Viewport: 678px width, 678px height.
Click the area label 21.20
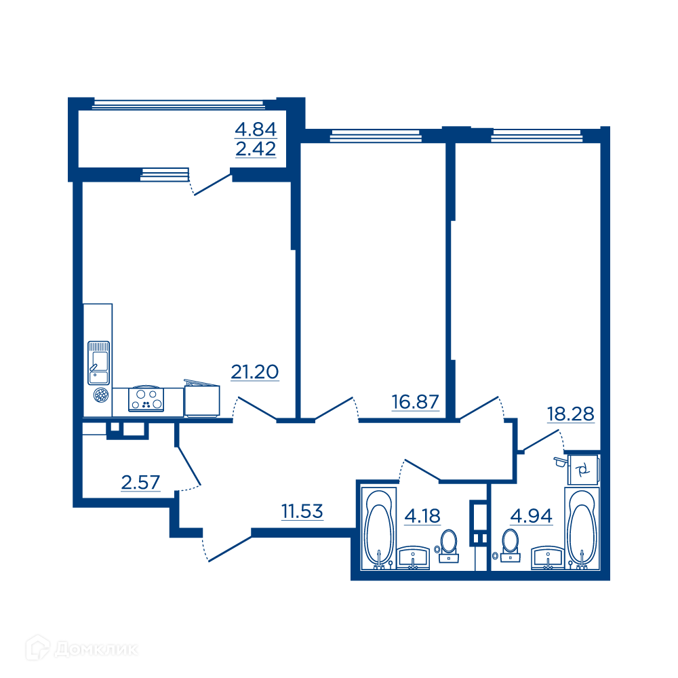coord(255,372)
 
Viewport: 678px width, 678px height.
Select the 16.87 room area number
coord(415,401)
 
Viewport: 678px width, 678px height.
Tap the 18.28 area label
coord(571,414)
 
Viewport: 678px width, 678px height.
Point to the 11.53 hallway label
coord(302,511)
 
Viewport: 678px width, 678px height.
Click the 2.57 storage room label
coord(140,482)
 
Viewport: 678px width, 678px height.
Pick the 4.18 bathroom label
coord(422,516)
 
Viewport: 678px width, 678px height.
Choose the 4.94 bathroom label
coord(532,516)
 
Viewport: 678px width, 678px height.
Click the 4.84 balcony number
coord(256,129)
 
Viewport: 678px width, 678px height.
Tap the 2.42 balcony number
coord(256,149)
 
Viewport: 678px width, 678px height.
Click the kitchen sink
coord(98,363)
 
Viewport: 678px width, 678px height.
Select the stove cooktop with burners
coord(146,399)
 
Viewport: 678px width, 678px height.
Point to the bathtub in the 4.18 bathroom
coord(379,529)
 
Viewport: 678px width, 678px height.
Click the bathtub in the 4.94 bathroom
coord(582,529)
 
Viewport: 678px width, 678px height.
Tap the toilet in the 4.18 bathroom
coord(448,546)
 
